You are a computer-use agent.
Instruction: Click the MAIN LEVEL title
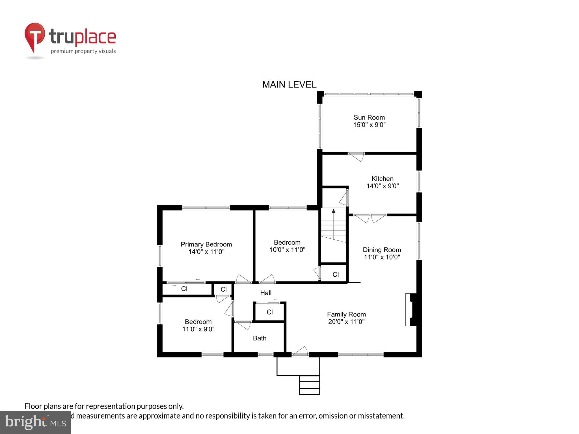point(289,84)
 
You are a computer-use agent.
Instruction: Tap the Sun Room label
point(369,117)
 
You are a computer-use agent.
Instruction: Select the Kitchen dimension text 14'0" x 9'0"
point(383,186)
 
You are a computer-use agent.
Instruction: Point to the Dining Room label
point(382,250)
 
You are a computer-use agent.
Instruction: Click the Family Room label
point(346,314)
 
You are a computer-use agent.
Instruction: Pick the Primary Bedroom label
point(206,244)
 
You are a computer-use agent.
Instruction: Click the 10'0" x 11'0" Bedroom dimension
point(287,250)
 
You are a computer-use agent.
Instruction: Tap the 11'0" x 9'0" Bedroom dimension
point(198,329)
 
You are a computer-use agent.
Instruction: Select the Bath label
point(260,338)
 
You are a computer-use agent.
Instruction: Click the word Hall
point(266,293)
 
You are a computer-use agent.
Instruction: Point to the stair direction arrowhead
point(334,211)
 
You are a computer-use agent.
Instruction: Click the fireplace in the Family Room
point(412,310)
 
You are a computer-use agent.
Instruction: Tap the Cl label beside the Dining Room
point(336,274)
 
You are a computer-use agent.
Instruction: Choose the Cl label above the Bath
point(270,312)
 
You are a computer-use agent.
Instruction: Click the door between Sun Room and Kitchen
point(357,157)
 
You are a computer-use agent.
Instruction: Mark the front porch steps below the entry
point(309,385)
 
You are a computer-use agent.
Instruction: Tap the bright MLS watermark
point(35,422)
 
